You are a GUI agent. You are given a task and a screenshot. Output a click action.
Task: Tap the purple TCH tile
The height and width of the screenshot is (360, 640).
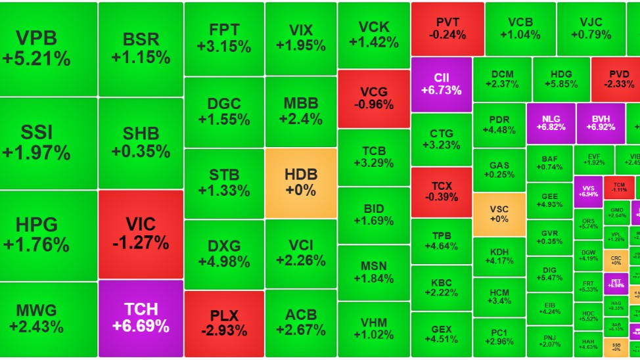coord(140,318)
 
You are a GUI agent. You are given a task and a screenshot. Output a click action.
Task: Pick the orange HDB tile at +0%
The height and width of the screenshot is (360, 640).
coord(301,182)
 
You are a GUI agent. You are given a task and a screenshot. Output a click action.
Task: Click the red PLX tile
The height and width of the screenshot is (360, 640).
coord(224,323)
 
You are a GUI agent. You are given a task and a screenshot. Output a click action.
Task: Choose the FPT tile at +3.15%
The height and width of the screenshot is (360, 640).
coord(224,38)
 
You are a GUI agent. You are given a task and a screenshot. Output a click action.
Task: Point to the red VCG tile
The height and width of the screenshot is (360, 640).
coord(374,98)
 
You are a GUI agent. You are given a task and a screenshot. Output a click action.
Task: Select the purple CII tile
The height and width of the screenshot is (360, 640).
coord(442,84)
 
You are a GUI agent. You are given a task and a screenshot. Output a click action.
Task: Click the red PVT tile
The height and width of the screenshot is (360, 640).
coord(447,28)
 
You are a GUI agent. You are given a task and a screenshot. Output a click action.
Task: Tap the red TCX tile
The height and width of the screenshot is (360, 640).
coord(442,191)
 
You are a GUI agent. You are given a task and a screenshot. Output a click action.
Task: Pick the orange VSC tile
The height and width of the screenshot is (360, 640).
coord(499,214)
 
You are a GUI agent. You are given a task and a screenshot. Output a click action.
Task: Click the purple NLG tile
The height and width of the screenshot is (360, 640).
coord(551,123)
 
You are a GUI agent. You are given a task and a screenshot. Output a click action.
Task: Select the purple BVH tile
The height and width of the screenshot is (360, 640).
coord(601,123)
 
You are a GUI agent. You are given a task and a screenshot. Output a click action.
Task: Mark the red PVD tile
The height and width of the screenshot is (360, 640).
coord(615,79)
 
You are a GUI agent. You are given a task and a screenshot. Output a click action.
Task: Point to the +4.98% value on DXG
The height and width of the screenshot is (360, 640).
coord(224,261)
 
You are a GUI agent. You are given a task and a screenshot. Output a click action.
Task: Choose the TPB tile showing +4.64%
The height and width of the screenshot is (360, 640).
coord(442,241)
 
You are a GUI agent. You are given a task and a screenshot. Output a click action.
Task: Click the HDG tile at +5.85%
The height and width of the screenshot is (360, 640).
coord(560,79)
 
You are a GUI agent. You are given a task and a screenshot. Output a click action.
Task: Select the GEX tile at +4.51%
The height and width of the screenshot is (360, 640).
coord(442,334)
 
